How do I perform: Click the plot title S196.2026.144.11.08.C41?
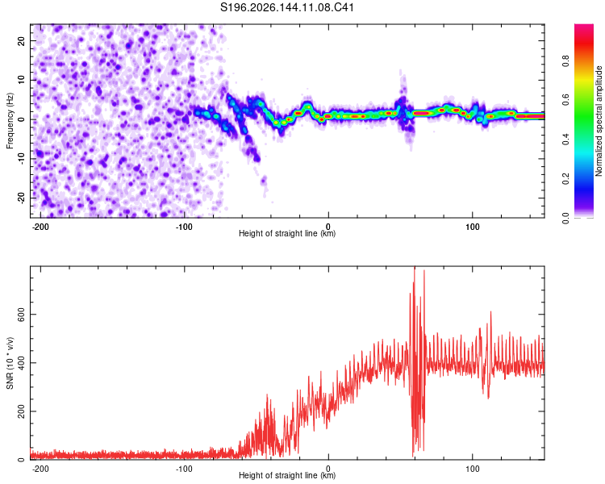[286, 7]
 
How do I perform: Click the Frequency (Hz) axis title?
[10, 121]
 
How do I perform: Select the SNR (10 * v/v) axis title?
[10, 363]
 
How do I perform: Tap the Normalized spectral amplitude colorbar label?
[599, 121]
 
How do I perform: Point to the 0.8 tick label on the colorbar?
[565, 61]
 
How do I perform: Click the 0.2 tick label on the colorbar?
[565, 178]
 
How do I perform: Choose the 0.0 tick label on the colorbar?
[565, 218]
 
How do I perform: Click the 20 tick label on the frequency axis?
[21, 41]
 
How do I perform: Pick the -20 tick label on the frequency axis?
[21, 198]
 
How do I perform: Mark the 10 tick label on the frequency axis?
[21, 81]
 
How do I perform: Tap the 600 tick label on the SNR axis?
[21, 314]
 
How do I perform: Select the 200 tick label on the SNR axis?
[21, 411]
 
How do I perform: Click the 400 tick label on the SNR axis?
[21, 363]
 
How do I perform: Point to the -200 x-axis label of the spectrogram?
[40, 227]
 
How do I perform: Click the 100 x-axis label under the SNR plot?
[472, 469]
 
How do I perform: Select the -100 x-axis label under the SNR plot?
[184, 469]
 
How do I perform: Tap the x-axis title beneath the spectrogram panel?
[287, 233]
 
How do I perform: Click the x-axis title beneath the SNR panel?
[287, 475]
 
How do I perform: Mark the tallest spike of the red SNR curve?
[415, 268]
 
